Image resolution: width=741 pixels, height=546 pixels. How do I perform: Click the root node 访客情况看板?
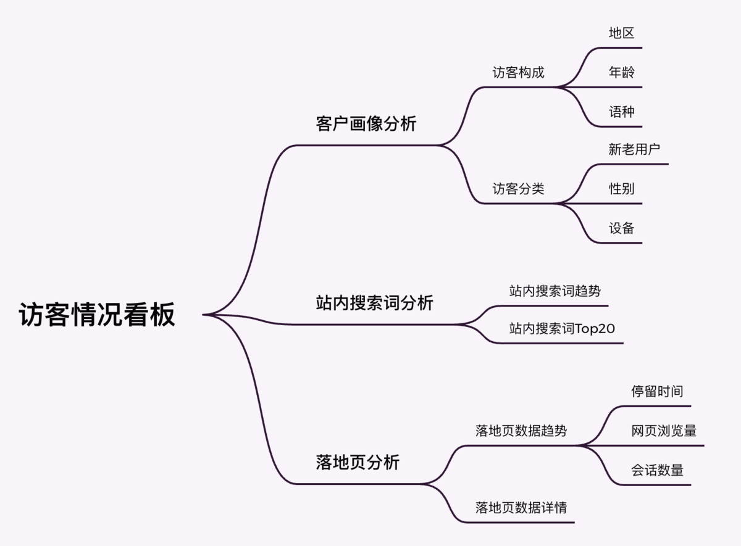(x=97, y=315)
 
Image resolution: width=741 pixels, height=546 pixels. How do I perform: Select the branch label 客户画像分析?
(x=366, y=124)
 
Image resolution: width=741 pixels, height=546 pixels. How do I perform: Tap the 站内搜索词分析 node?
(x=375, y=303)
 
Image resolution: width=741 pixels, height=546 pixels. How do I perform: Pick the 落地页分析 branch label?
(x=358, y=462)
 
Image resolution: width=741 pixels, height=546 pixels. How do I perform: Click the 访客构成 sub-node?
(x=518, y=72)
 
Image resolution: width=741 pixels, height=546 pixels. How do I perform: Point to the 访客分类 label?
(x=518, y=189)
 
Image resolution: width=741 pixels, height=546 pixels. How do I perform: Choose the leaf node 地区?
(x=621, y=33)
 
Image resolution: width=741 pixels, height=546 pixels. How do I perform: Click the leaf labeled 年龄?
(x=621, y=72)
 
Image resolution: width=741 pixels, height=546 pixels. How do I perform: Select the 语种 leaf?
(x=621, y=112)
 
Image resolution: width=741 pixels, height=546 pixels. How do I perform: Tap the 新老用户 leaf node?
(x=634, y=149)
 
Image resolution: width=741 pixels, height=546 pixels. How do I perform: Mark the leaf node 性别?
(x=621, y=189)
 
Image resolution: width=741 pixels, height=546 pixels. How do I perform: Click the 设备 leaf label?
(x=621, y=228)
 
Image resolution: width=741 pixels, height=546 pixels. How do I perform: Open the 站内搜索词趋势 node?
(x=555, y=291)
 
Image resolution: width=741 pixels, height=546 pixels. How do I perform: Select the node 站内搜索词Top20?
(x=562, y=329)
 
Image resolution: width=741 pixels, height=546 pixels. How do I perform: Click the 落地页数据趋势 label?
(x=521, y=431)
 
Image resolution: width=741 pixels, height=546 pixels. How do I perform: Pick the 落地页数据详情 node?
(x=521, y=508)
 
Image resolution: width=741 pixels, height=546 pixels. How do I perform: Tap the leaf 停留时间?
(x=657, y=391)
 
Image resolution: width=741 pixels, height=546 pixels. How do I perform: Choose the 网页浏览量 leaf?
(x=664, y=431)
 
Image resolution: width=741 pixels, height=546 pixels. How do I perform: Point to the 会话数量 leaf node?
(x=657, y=470)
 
